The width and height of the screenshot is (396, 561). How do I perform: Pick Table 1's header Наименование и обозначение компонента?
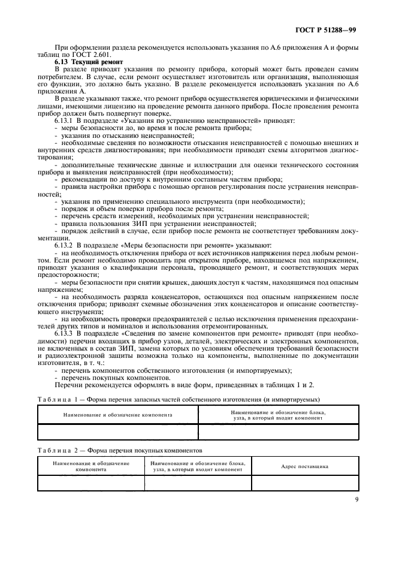coord(117,414)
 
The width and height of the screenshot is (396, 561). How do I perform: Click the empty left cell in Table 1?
coord(117,432)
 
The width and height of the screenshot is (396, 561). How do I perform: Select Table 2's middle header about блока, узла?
coord(198,466)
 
